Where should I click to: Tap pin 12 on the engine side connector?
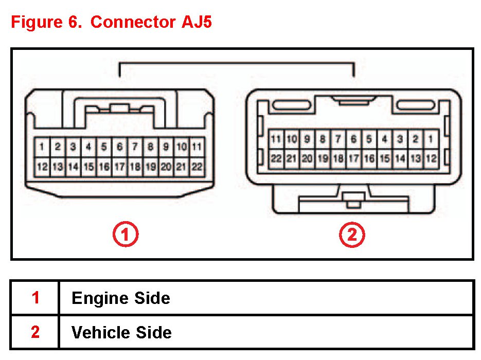[42, 166]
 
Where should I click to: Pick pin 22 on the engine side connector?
[197, 166]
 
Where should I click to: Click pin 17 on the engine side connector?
[119, 166]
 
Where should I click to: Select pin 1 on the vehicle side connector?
[431, 139]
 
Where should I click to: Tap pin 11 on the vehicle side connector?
[276, 139]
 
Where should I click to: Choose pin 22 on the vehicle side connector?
[276, 158]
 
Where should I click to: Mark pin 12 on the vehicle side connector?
[431, 158]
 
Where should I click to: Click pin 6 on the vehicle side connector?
[353, 139]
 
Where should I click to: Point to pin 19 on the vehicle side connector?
[323, 158]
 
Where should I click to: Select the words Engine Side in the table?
[121, 298]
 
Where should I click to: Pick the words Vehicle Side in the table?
[121, 332]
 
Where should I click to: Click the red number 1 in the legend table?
[35, 298]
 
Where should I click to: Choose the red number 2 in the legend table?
[35, 332]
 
